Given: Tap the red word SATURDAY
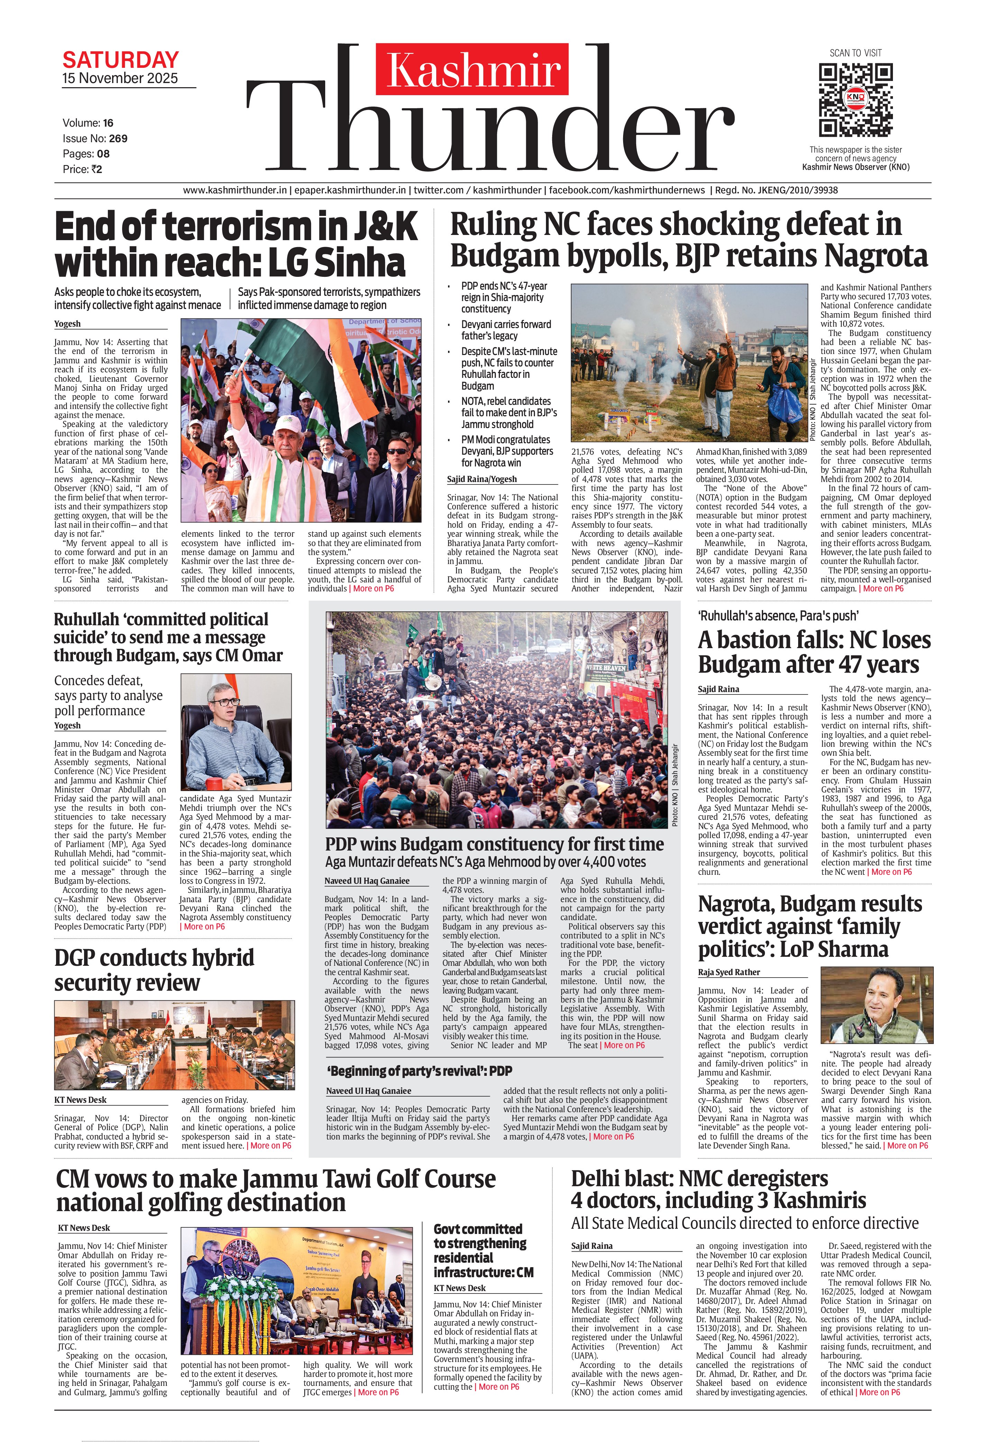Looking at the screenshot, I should [120, 60].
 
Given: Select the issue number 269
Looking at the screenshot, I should [118, 138].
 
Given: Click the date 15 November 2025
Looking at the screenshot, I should [120, 78].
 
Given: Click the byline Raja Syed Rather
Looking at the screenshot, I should [729, 972].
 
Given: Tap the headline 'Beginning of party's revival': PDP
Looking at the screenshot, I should [419, 1071].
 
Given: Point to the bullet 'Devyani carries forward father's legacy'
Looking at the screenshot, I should [506, 330].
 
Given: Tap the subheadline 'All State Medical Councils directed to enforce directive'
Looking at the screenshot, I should [744, 1224].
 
